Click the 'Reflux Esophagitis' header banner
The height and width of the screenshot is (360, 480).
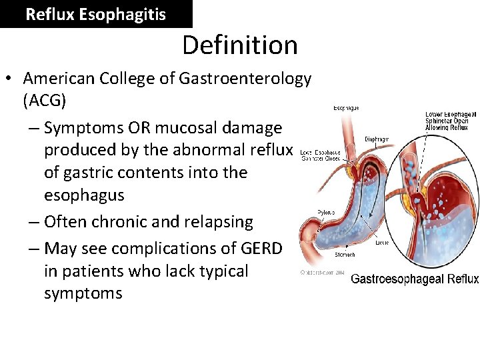pos(95,14)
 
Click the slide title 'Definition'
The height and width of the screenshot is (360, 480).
pos(240,45)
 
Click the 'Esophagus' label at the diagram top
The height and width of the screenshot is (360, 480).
pos(346,107)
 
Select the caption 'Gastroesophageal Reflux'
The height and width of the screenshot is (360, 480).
pos(414,279)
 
